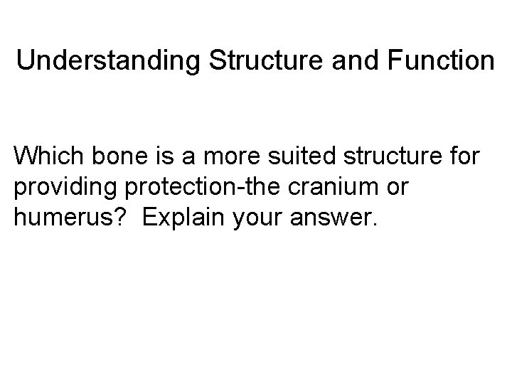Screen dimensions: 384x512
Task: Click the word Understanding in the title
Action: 109,61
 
